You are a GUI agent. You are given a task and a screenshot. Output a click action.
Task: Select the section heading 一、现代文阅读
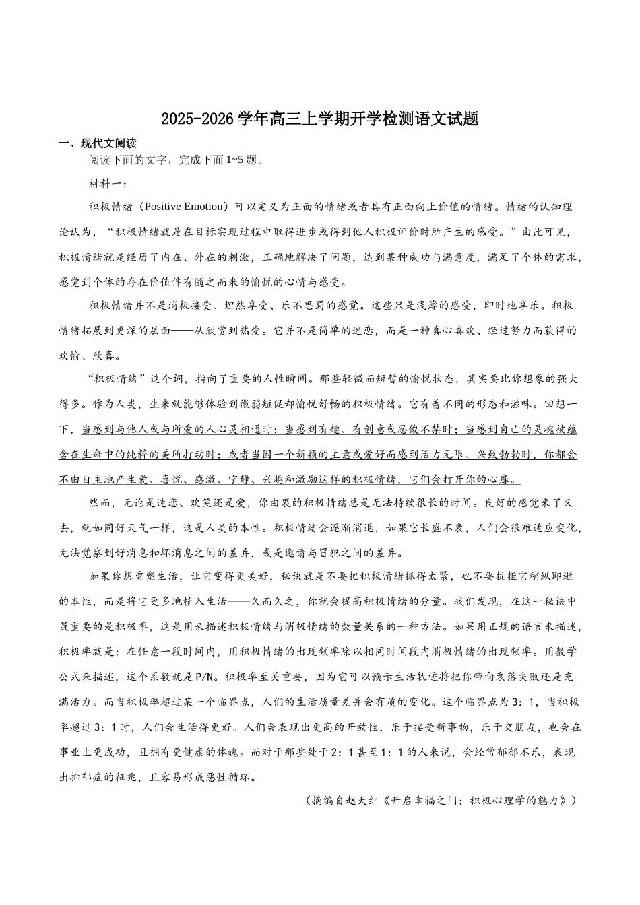click(x=98, y=143)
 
